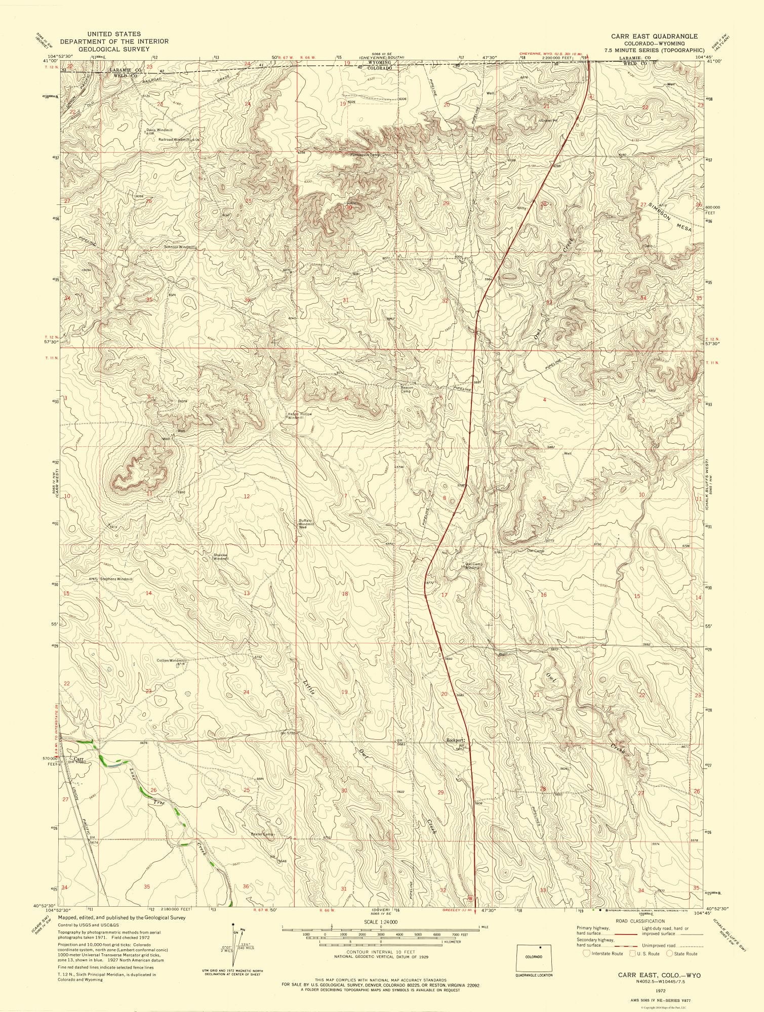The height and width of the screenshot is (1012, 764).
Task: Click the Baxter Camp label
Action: [x=262, y=833]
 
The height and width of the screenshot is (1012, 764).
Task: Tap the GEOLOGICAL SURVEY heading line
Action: [x=113, y=50]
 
